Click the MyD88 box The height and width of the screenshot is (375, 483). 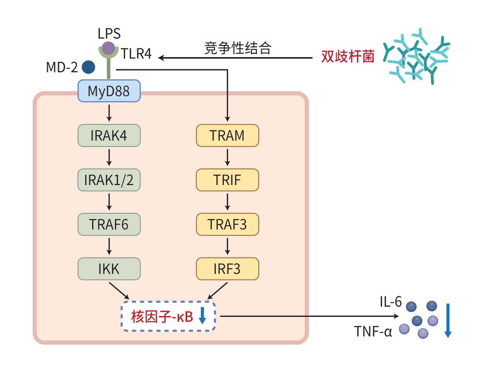pos(109,91)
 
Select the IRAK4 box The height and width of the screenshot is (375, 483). pos(109,135)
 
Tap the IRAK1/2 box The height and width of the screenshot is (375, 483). pos(109,180)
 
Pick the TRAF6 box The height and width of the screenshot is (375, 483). pos(109,224)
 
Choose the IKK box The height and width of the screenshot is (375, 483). pos(109,269)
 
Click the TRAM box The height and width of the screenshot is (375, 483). pos(227,135)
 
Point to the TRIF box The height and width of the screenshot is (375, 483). pos(227,180)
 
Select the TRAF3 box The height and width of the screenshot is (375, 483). pos(227,224)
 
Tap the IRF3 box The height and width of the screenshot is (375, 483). pos(227,269)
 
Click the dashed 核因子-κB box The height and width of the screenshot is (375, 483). pos(168,317)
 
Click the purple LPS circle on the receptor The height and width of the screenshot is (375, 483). pos(108,48)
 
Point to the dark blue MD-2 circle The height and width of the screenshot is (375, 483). pos(88,67)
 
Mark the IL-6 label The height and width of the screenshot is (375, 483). pos(391,302)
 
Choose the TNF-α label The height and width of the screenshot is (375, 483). pos(373,332)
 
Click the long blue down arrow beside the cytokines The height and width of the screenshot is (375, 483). pos(448,320)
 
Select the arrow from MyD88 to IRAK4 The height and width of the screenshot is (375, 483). pos(109,113)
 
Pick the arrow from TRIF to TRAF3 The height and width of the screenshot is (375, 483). pos(227,202)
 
